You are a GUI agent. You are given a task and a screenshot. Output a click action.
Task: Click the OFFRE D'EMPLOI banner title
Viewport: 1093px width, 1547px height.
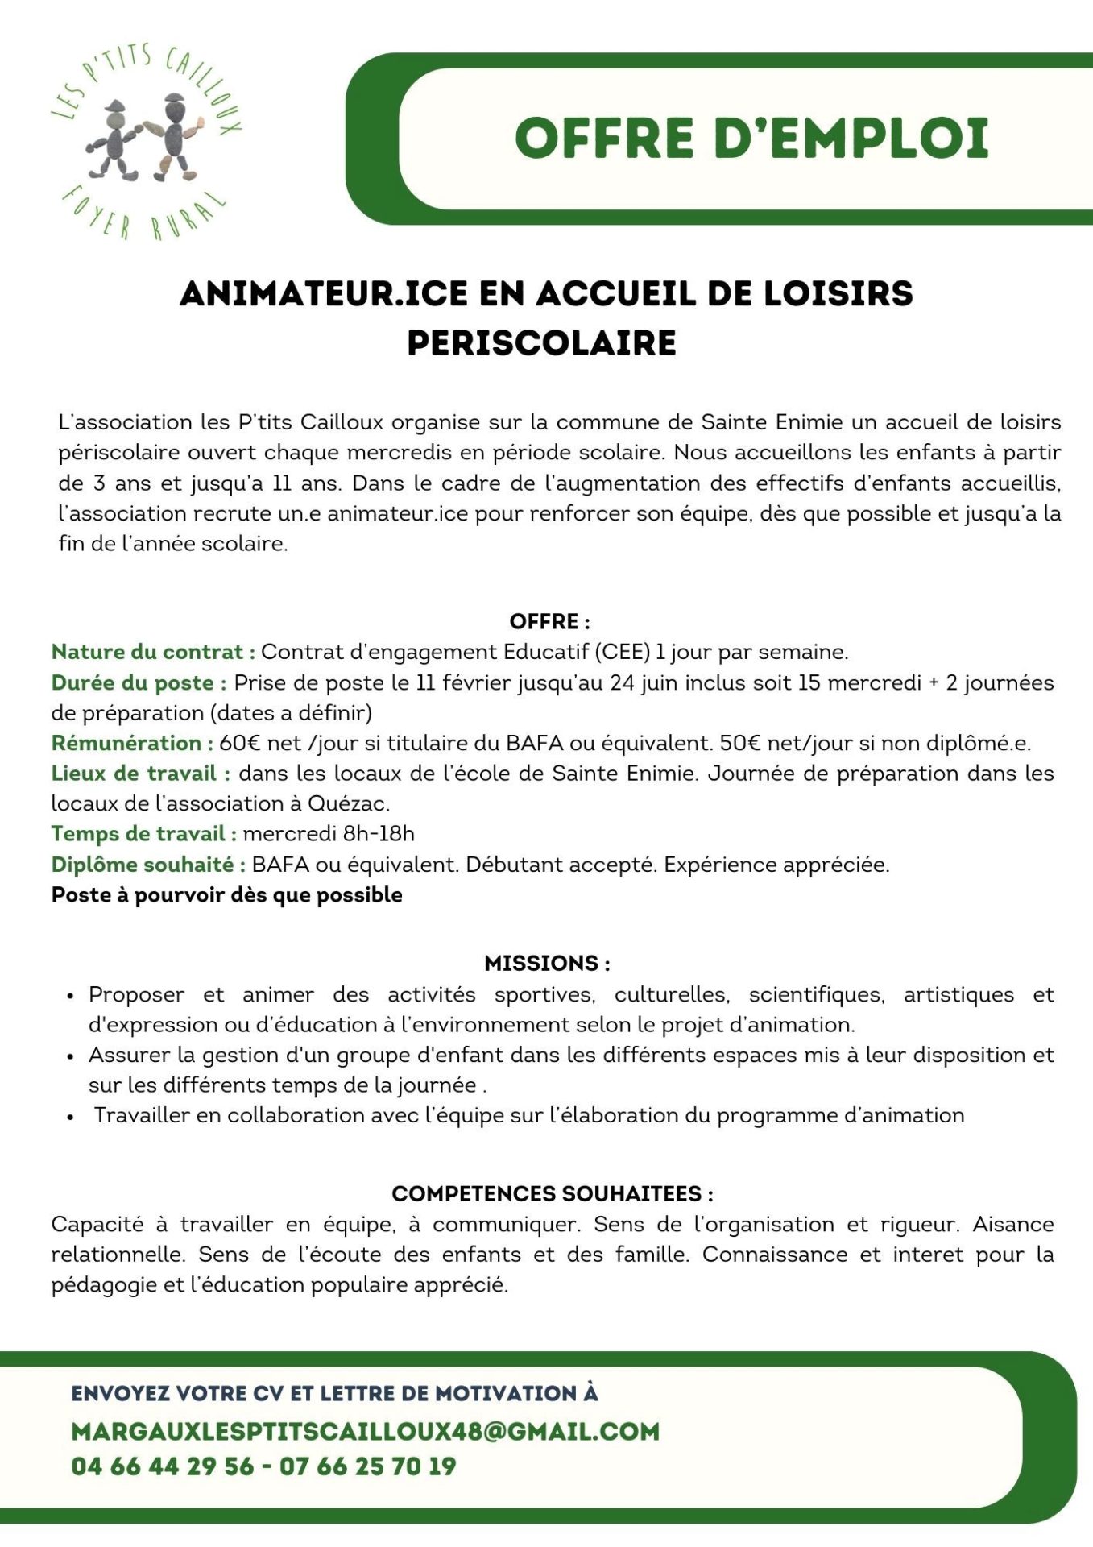click(751, 138)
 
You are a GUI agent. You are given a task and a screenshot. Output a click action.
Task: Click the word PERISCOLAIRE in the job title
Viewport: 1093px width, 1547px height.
click(541, 343)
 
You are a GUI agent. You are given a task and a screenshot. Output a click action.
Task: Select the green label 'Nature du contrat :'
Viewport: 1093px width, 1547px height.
click(153, 652)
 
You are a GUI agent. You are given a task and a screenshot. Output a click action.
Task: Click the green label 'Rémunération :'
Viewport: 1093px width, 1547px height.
click(132, 743)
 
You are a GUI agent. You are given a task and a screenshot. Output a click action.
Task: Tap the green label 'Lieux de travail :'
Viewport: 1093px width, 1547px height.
click(141, 773)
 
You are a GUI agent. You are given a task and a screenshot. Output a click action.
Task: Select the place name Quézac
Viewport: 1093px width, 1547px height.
click(349, 803)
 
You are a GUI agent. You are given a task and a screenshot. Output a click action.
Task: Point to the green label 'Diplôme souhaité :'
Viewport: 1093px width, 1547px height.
click(148, 865)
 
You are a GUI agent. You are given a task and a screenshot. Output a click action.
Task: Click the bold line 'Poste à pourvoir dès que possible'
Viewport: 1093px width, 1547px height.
click(226, 895)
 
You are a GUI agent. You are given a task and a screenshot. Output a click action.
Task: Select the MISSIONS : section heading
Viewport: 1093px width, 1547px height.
click(547, 964)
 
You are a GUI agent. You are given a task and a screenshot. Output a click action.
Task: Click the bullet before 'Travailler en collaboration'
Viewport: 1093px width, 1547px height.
click(72, 1117)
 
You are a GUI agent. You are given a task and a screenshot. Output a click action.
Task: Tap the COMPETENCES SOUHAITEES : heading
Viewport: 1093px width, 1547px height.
click(552, 1194)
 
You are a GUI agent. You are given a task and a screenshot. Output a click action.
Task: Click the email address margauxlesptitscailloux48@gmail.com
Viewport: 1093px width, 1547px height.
click(365, 1432)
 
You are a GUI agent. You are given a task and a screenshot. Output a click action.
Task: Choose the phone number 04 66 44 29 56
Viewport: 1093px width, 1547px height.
click(162, 1466)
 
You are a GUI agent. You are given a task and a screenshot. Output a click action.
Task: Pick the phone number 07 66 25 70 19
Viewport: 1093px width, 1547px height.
click(367, 1466)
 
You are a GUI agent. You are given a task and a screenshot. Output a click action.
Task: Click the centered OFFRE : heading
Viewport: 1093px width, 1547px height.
click(549, 622)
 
